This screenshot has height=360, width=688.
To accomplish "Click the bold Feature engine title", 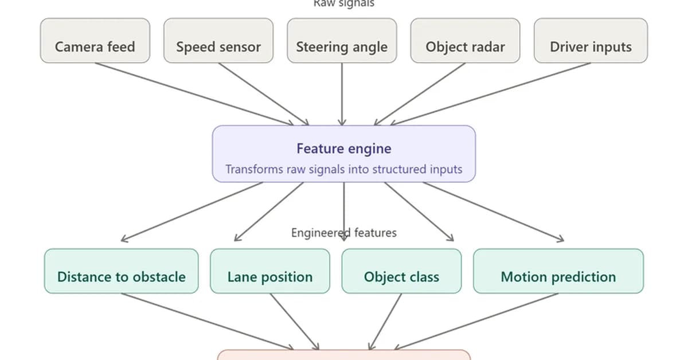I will pos(343,148).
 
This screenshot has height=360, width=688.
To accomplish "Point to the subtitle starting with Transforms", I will pos(343,170).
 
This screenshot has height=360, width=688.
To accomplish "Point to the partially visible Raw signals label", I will pos(343,3).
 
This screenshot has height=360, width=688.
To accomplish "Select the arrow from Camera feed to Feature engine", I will pos(195,93).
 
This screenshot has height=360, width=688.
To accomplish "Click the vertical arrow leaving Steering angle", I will pos(342,95).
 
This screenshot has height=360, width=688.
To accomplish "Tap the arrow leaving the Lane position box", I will pos(294,321).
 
